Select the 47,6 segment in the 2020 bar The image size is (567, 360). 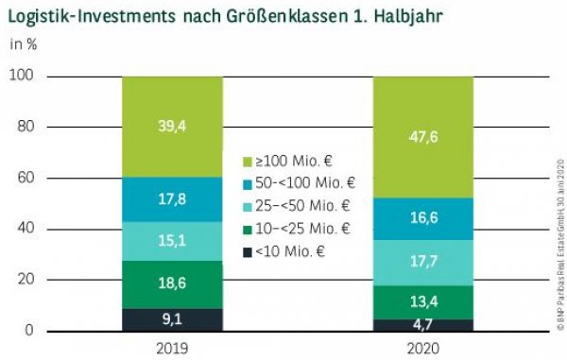pos(422,138)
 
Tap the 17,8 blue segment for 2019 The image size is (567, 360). pos(172,199)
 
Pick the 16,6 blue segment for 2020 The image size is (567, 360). pos(422,218)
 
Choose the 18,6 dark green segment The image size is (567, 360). pos(172,284)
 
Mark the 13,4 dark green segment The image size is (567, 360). pos(422,302)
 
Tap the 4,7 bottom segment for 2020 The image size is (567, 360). pos(422,325)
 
